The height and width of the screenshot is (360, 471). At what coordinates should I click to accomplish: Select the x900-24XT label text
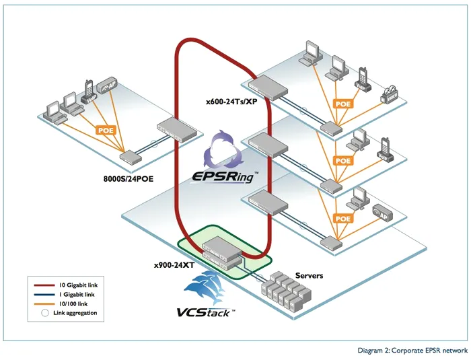[x=174, y=265]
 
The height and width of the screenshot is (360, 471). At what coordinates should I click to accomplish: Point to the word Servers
[x=310, y=276]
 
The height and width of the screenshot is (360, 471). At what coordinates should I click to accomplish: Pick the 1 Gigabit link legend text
[x=77, y=295]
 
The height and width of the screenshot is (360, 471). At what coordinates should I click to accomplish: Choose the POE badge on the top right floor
[x=343, y=104]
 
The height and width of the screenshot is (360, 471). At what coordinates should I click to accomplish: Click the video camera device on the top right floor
[x=390, y=94]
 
